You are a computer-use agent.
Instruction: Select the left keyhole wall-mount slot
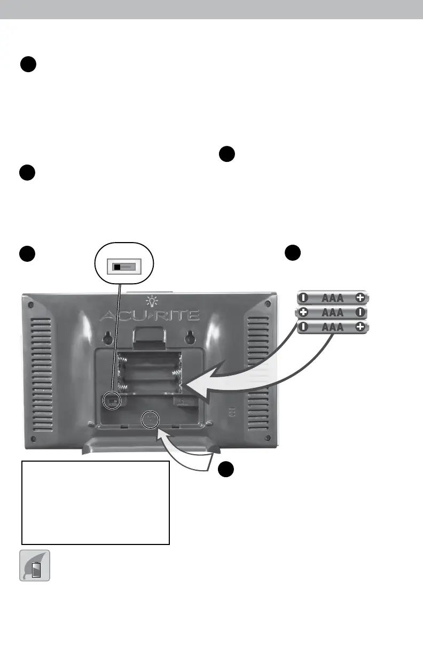[x=108, y=338]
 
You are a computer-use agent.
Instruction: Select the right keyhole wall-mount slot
[x=190, y=338]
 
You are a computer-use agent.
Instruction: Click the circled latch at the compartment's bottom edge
[x=150, y=419]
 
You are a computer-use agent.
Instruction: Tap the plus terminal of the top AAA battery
[x=361, y=298]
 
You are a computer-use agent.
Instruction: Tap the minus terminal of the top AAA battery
[x=303, y=298]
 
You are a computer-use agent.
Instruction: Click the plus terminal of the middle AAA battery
[x=303, y=313]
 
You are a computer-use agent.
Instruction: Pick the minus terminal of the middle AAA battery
[x=361, y=313]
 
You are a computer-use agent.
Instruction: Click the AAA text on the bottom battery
[x=332, y=327]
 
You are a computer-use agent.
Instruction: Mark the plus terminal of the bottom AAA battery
[x=361, y=327]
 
